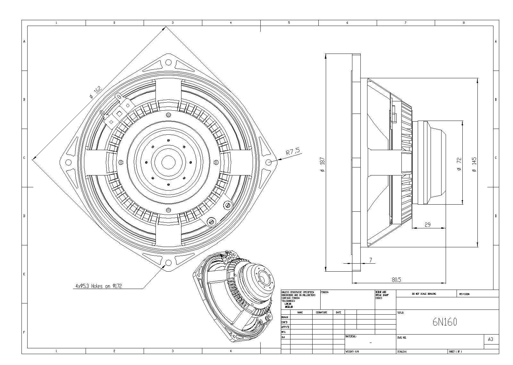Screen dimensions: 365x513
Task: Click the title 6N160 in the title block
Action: point(445,322)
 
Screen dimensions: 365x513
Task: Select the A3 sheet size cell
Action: point(490,339)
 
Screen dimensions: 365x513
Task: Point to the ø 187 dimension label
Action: point(323,164)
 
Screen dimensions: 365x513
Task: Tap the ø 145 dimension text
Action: point(474,164)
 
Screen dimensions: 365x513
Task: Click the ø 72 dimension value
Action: point(459,164)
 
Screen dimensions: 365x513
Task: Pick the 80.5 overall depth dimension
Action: point(396,280)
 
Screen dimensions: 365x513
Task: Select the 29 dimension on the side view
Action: point(427,225)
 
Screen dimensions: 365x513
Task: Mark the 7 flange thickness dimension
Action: point(371,260)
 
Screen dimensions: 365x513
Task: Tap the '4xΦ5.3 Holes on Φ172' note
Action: point(98,286)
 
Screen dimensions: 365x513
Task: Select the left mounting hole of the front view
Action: point(68,162)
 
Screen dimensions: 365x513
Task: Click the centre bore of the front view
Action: point(167,162)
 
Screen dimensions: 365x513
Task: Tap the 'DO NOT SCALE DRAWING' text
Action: point(424,294)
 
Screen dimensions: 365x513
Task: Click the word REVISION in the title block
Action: point(464,294)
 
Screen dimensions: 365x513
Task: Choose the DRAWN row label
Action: point(285,317)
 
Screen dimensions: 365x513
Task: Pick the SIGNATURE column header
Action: point(322,312)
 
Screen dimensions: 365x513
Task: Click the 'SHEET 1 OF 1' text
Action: point(456,352)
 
